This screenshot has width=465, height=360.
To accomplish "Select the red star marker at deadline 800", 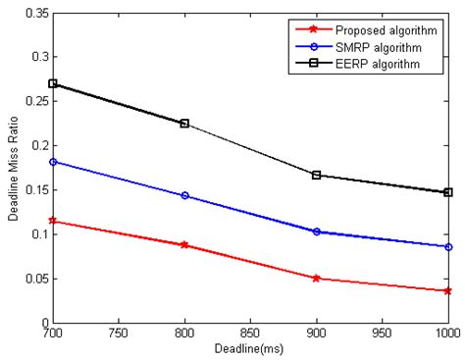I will [183, 244].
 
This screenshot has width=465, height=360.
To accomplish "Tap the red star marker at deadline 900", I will [316, 278].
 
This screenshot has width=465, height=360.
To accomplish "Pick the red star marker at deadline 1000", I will [447, 290].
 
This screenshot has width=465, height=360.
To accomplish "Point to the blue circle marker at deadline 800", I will [183, 195].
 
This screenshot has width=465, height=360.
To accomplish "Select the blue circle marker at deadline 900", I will [316, 231].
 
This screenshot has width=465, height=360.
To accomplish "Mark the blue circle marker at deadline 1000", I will [447, 246].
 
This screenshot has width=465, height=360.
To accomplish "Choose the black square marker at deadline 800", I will [183, 124].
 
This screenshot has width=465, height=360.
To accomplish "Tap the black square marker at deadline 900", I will [316, 175].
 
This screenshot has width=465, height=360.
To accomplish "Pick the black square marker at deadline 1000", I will [447, 192].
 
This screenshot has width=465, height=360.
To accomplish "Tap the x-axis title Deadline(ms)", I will [249, 349].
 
